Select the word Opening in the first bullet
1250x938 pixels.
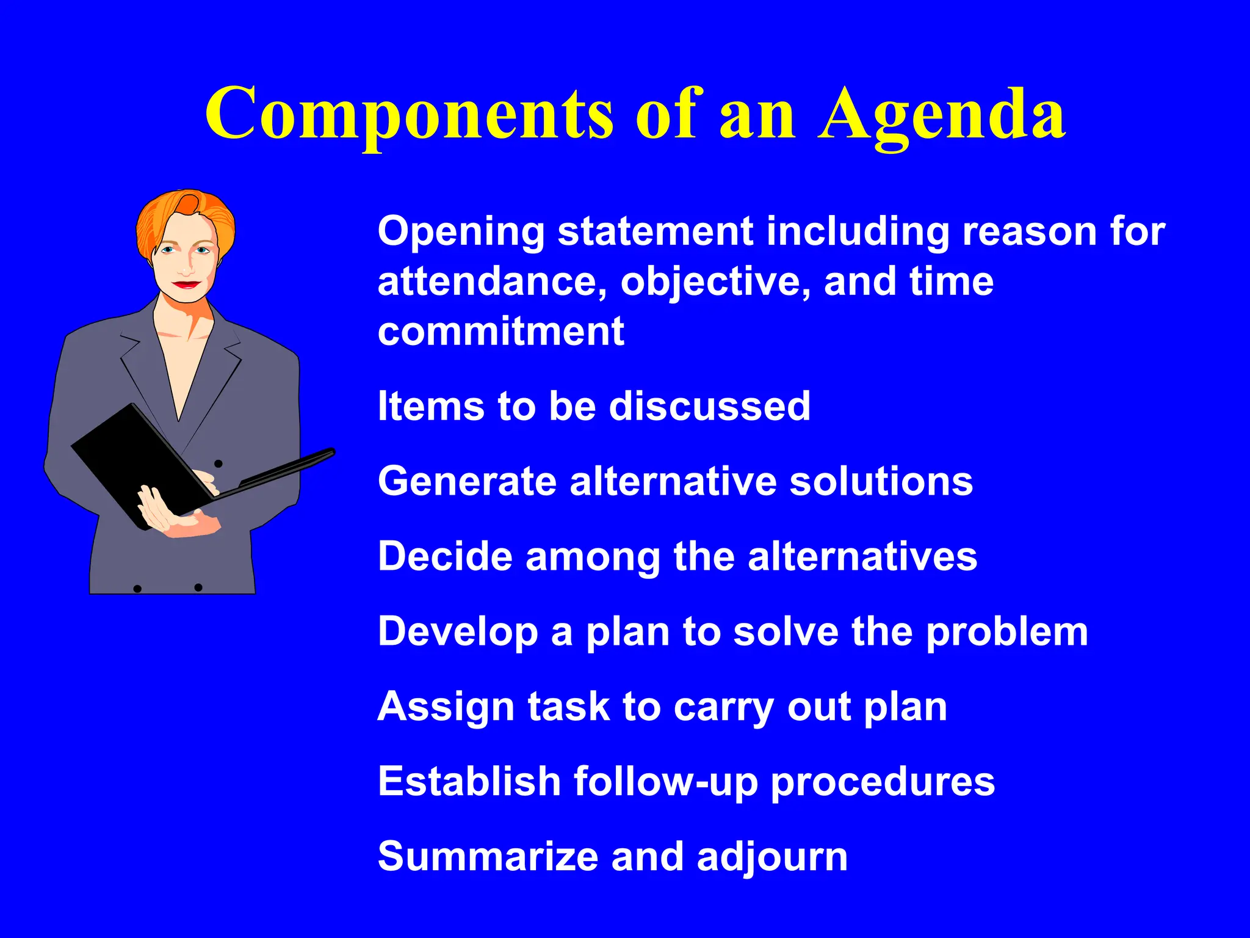[x=461, y=232]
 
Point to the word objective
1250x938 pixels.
[x=716, y=282]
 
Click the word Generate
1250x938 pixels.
[x=467, y=481]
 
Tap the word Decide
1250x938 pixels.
[x=445, y=556]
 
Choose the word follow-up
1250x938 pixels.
[x=665, y=782]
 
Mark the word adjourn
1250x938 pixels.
[x=772, y=857]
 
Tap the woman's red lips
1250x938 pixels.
[x=186, y=285]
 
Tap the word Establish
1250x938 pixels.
[x=469, y=782]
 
